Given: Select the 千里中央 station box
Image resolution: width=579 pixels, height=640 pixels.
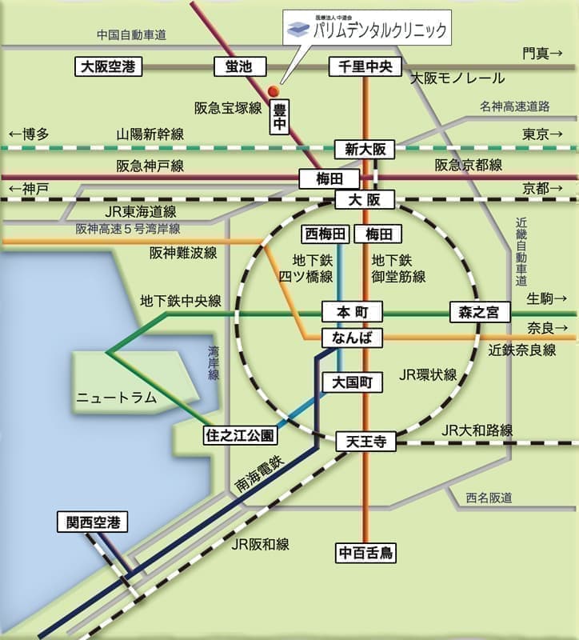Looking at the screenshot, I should pos(365,67).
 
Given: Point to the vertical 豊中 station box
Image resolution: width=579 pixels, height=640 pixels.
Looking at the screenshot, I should pos(280,115).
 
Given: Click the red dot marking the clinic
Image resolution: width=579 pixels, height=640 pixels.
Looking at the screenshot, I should pos(272,90).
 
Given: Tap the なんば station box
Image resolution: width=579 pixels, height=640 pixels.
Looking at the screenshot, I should pos(352,338).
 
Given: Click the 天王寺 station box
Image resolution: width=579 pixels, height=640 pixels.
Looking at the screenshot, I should pos(365,440).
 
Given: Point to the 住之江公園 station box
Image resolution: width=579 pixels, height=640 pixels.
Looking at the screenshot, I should pos(239,436).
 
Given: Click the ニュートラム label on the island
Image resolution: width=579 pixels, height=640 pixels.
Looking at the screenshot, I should pos(116,397).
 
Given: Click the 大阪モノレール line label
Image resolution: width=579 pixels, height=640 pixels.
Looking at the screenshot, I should pos(457,78).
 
